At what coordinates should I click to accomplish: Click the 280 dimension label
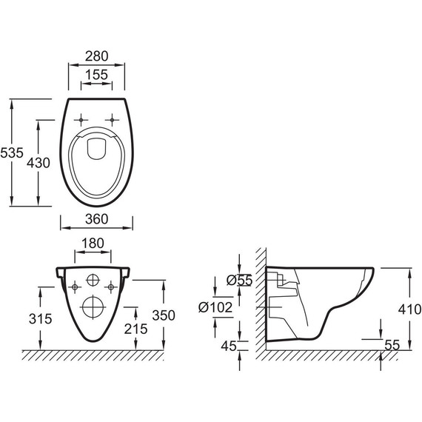[x=97, y=56]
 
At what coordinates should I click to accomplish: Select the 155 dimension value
[x=97, y=75]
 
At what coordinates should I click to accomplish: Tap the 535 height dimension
[x=12, y=153]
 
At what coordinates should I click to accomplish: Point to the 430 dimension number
[x=38, y=163]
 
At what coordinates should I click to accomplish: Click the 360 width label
[x=97, y=219]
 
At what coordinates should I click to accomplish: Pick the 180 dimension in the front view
[x=93, y=243]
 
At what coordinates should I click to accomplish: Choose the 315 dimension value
[x=41, y=319]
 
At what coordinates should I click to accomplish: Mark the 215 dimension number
[x=136, y=329]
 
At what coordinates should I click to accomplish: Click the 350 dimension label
[x=164, y=315]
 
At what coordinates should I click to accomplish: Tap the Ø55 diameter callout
[x=240, y=280]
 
